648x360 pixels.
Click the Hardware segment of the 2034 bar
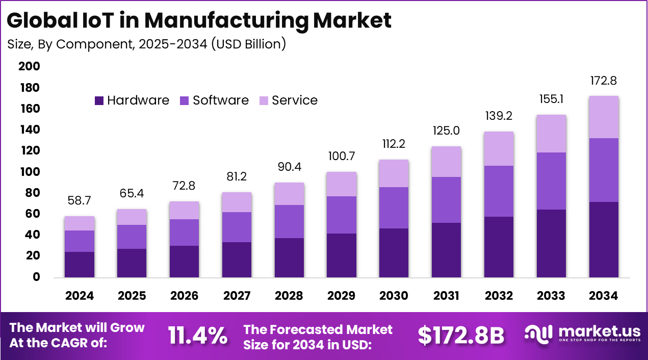pyautogui.click(x=604, y=240)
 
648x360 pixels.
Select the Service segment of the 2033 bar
pyautogui.click(x=551, y=134)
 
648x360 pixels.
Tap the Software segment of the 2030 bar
pyautogui.click(x=394, y=208)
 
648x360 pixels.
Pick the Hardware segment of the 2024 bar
pyautogui.click(x=79, y=264)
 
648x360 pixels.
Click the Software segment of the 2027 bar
pyautogui.click(x=237, y=227)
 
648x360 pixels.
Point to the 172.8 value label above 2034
pyautogui.click(x=604, y=81)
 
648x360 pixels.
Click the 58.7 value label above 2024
pyautogui.click(x=79, y=201)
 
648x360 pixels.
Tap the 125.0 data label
pyautogui.click(x=446, y=131)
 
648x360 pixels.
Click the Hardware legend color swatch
pyautogui.click(x=99, y=101)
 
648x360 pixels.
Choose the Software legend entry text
pyautogui.click(x=220, y=100)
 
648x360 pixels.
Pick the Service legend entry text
pyautogui.click(x=295, y=100)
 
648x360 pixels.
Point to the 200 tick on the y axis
pyautogui.click(x=29, y=67)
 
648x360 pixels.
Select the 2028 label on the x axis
pyautogui.click(x=289, y=296)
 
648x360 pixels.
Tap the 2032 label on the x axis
pyautogui.click(x=499, y=296)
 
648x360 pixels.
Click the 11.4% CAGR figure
pyautogui.click(x=198, y=336)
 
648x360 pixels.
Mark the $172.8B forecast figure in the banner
pyautogui.click(x=461, y=336)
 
